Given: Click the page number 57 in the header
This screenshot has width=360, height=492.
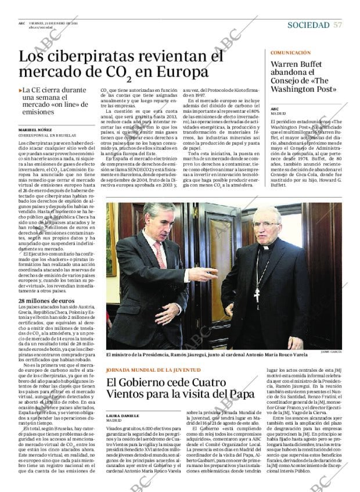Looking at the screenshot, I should point(337,25).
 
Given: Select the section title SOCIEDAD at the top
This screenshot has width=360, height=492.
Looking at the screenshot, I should point(308,25).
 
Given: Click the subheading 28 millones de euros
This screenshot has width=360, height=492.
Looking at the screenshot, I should point(46,300).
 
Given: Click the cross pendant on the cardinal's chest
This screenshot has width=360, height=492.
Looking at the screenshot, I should point(255,293).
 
